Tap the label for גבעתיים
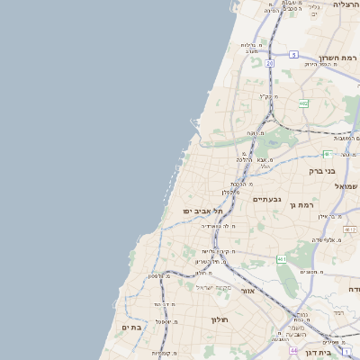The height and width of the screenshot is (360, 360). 267,199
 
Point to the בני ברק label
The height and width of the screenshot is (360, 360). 321,169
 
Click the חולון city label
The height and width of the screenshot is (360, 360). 220,319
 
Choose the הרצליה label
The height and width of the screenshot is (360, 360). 346,4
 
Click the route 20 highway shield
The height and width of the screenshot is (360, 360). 269,63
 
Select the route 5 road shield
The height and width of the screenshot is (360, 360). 293,55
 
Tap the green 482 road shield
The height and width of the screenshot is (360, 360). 304,103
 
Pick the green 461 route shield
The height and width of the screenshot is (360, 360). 282,259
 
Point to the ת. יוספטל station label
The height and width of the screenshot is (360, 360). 165,321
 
